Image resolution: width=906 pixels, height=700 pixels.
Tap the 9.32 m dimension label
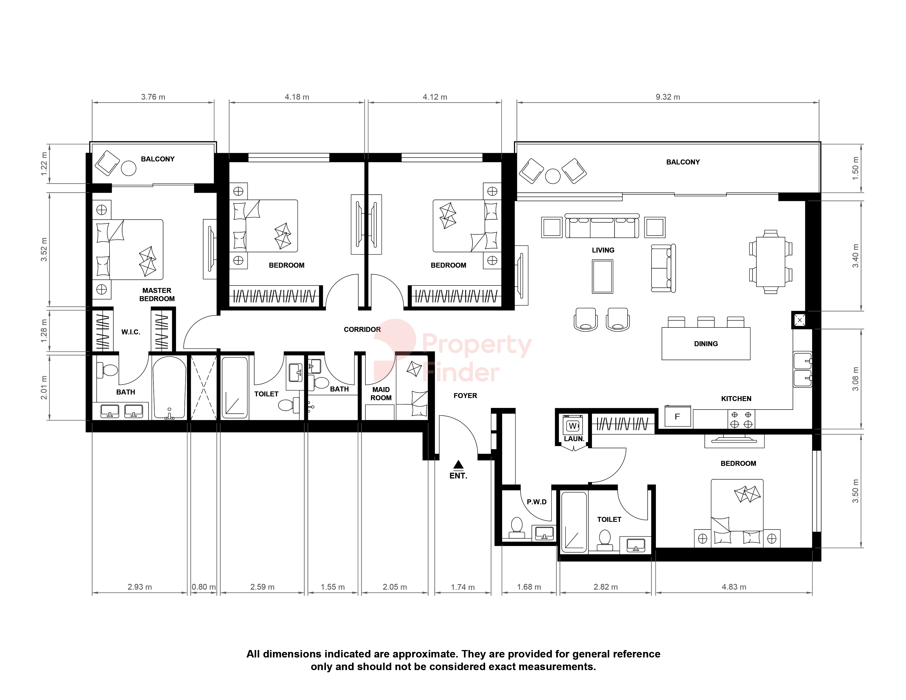click(x=668, y=97)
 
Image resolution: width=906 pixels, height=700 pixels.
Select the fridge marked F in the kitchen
click(x=677, y=416)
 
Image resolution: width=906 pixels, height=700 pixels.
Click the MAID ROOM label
click(x=381, y=394)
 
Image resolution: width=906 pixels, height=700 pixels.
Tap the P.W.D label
click(x=537, y=502)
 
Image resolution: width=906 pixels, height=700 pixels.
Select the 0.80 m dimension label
click(x=204, y=587)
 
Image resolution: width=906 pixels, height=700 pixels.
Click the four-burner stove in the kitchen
click(x=741, y=419)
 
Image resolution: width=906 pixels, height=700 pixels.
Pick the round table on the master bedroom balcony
click(x=128, y=168)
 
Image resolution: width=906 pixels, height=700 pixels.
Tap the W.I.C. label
click(x=131, y=332)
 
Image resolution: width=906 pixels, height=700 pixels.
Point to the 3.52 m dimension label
click(x=44, y=250)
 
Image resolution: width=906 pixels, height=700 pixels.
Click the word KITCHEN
click(x=736, y=399)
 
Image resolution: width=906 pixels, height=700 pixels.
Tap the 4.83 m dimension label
click(x=734, y=587)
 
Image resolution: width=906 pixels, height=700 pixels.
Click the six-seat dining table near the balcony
click(x=770, y=262)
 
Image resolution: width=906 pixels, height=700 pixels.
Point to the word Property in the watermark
click(x=477, y=345)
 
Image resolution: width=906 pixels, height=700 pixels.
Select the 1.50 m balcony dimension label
click(x=855, y=168)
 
